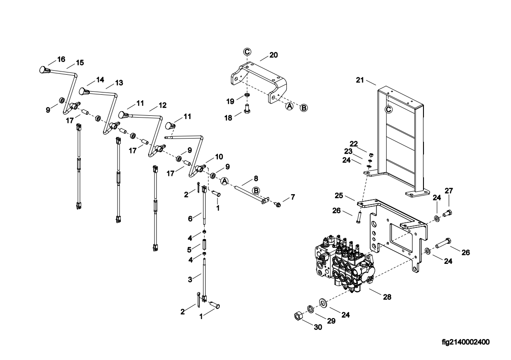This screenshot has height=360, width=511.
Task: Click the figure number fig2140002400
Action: [465, 342]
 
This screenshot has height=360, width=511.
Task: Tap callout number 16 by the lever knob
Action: [61, 59]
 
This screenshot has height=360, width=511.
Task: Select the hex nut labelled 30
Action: [299, 316]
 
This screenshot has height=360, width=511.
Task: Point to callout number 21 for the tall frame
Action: [360, 80]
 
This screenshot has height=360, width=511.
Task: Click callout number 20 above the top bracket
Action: [274, 55]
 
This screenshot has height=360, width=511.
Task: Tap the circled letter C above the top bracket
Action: [248, 51]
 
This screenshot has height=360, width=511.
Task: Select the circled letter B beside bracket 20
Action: [304, 108]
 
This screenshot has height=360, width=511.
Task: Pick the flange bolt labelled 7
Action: [278, 205]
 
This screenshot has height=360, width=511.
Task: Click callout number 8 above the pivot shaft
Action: [256, 179]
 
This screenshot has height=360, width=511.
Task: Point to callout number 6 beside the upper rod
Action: [191, 219]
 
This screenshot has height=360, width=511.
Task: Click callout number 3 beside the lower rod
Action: [191, 279]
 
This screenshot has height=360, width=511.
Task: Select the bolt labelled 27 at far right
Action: [448, 214]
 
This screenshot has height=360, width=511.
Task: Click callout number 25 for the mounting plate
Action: [339, 195]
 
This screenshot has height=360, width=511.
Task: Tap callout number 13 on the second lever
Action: [119, 83]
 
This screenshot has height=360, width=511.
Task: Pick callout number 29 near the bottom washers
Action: [331, 321]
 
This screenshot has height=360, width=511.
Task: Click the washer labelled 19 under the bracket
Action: [247, 95]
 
